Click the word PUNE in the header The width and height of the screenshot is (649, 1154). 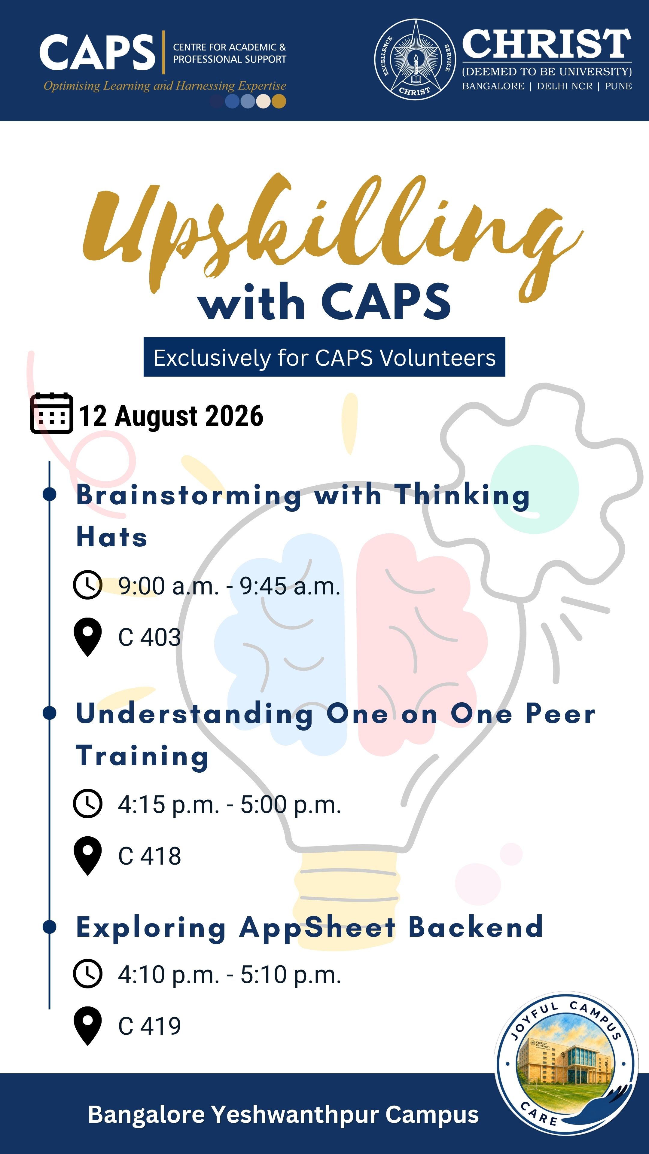click(618, 86)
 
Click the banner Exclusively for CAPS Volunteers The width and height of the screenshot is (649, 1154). click(324, 357)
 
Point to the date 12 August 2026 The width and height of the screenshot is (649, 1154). click(171, 416)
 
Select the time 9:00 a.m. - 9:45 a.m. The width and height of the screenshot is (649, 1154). click(229, 585)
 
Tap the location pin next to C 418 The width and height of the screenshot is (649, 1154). click(88, 855)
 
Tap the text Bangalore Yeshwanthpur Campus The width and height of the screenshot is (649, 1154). click(283, 1114)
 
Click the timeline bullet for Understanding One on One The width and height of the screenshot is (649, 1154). click(49, 713)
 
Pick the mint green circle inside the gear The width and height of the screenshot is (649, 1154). click(534, 489)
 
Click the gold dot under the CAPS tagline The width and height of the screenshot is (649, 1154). click(279, 101)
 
